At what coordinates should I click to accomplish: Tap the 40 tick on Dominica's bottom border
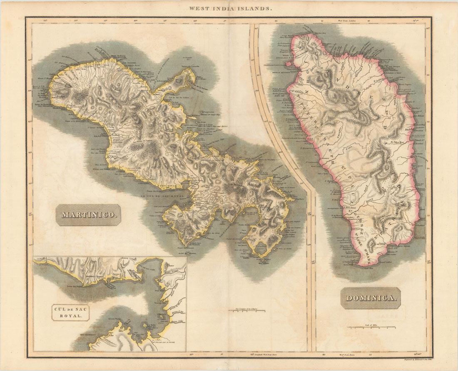point(324,355)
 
